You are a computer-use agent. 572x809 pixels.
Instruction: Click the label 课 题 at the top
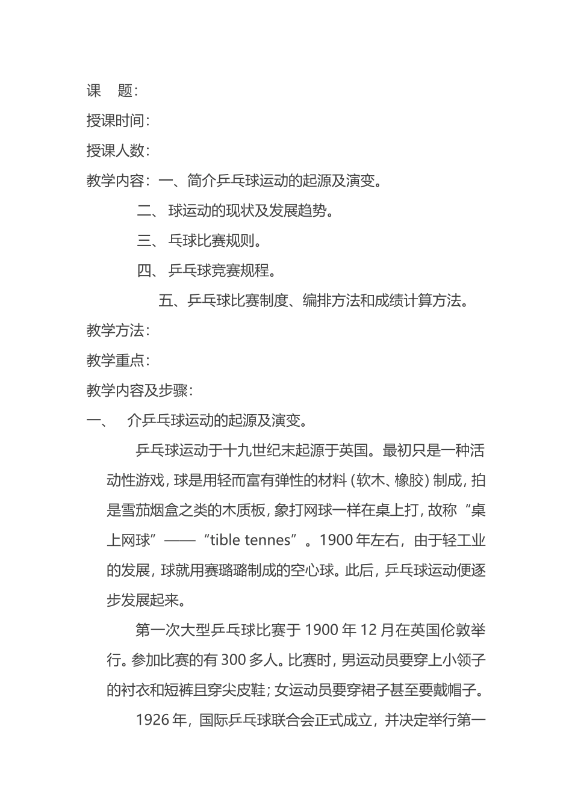point(111,91)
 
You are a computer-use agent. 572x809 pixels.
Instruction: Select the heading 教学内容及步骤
point(139,391)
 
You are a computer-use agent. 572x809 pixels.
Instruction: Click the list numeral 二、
point(148,211)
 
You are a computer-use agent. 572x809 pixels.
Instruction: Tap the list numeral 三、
point(148,241)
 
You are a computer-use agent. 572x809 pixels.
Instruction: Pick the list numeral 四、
point(148,271)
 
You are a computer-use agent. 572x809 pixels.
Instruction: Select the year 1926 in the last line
point(153,721)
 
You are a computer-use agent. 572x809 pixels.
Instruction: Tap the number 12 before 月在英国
point(368,631)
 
